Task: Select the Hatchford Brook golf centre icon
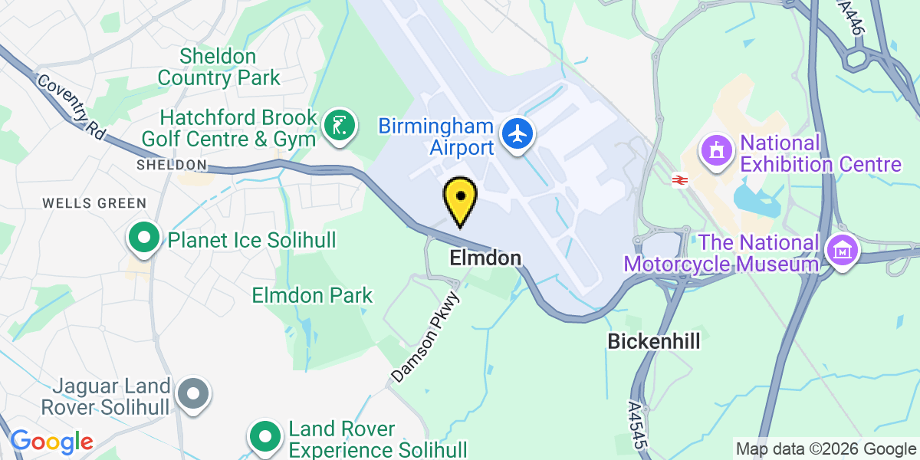339,123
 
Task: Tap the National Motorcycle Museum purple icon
841,249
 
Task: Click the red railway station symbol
678,180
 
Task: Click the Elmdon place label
485,258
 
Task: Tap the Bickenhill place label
654,341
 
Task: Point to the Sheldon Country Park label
219,67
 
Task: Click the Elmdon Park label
312,295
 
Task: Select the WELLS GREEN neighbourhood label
94,203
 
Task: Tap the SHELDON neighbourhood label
172,165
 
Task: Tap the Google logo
51,442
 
